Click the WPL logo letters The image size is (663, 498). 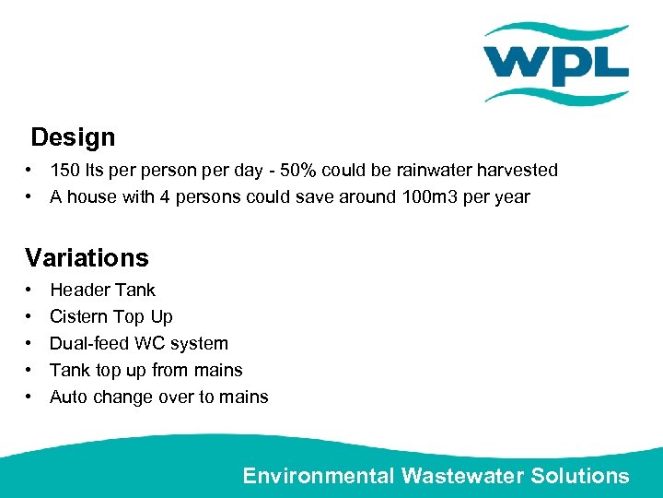[555, 64]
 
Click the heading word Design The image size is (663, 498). [73, 138]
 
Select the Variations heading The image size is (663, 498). [87, 257]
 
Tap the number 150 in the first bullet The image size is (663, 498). [64, 171]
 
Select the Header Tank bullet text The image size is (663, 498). [102, 290]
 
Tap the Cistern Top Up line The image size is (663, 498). [110, 316]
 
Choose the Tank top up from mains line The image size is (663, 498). [145, 370]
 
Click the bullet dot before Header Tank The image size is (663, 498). [30, 290]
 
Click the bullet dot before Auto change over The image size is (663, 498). [30, 397]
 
